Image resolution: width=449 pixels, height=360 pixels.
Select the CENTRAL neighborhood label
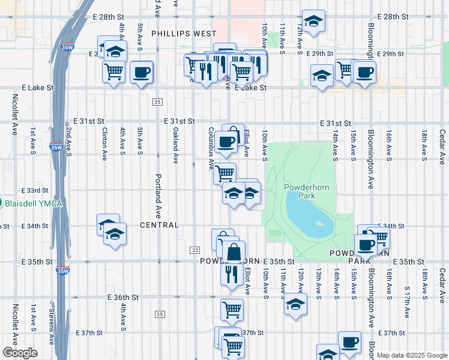tap(159, 225)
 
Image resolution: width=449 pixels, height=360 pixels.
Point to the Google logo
tap(20, 353)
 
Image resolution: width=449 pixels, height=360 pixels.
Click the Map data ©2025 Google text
tap(411, 355)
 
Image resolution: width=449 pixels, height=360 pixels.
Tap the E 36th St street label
tap(123, 298)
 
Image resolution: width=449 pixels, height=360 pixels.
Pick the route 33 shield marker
tap(194, 250)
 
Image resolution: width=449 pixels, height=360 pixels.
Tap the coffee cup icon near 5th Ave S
tap(141, 73)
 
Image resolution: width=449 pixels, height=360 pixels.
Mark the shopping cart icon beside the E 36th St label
tap(232, 310)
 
